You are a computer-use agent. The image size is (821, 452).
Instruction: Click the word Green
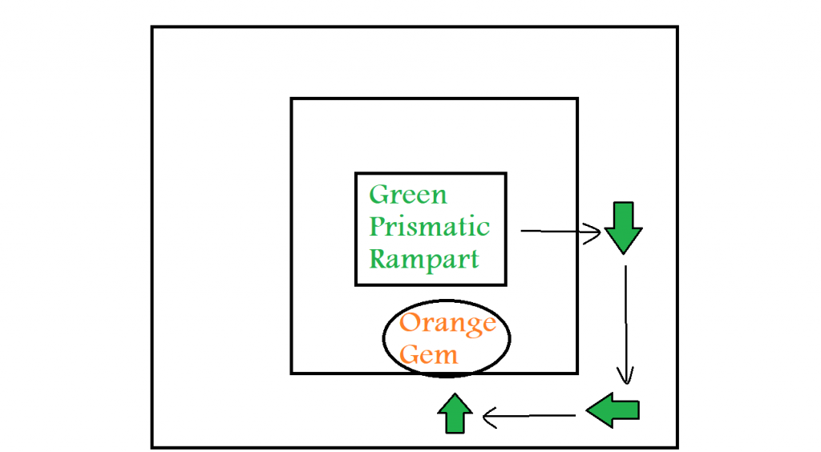(x=408, y=195)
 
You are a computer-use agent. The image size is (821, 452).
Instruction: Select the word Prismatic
(x=429, y=228)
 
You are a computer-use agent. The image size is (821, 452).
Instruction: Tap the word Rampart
(x=424, y=259)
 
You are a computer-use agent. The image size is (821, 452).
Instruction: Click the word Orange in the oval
(x=447, y=324)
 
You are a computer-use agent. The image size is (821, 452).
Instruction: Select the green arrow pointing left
(x=613, y=410)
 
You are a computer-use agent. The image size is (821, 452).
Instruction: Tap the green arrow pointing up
(x=455, y=414)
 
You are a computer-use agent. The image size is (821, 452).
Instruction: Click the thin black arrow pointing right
(x=560, y=232)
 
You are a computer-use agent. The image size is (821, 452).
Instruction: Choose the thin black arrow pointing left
(x=528, y=416)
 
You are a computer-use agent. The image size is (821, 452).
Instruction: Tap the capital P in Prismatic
(x=378, y=227)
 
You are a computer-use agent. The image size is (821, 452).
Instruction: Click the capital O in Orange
(x=410, y=323)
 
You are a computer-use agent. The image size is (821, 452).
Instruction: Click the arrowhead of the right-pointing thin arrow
(x=594, y=233)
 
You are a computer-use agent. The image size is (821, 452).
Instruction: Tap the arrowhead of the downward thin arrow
(x=625, y=375)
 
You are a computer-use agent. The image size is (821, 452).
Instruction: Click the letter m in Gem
(x=446, y=355)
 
